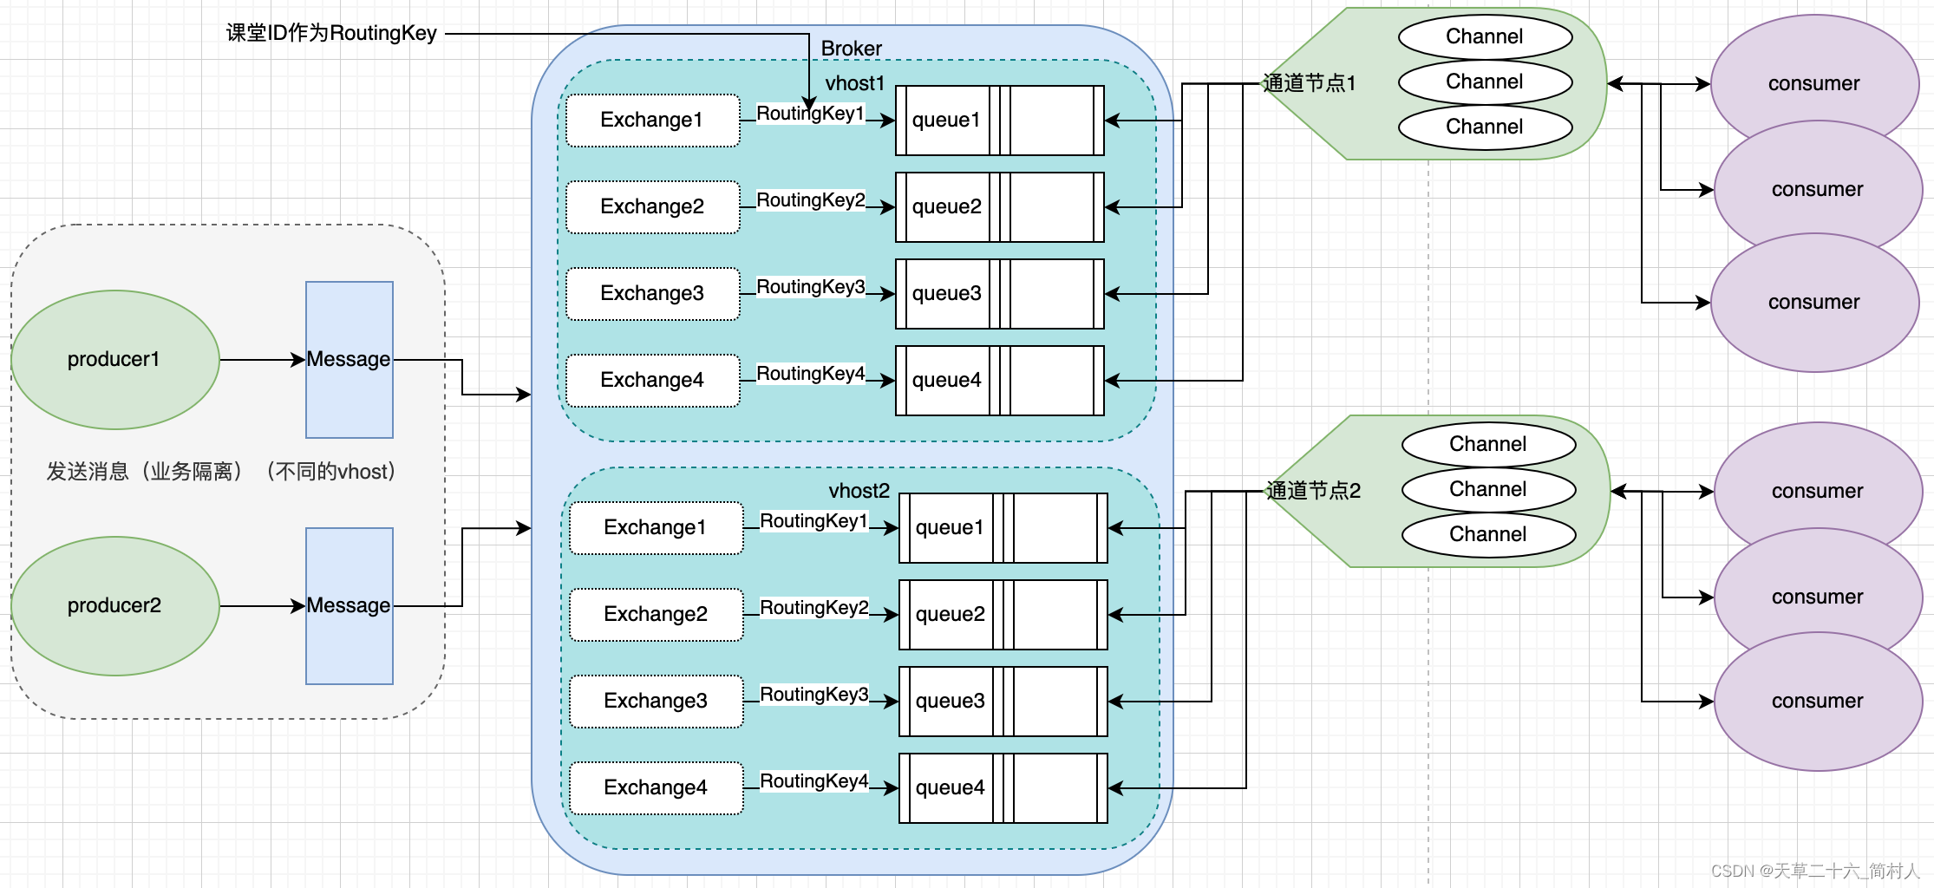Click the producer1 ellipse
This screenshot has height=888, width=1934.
[114, 359]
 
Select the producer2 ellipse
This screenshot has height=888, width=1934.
[114, 605]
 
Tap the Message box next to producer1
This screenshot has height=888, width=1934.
[349, 359]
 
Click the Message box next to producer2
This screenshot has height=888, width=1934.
[349, 605]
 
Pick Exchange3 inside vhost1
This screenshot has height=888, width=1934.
[652, 293]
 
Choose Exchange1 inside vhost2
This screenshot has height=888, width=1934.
[656, 527]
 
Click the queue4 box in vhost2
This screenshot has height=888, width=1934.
[1003, 787]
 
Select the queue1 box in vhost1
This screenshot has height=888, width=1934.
[999, 120]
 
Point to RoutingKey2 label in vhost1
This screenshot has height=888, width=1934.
[810, 200]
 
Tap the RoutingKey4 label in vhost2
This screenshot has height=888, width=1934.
[813, 781]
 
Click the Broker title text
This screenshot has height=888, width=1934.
[851, 49]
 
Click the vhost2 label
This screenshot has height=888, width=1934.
[859, 491]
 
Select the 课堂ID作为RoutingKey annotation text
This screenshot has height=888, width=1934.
[331, 33]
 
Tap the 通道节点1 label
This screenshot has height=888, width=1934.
[1309, 83]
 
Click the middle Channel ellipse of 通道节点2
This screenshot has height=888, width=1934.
[1488, 489]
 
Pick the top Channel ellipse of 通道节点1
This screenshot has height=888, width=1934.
[1485, 36]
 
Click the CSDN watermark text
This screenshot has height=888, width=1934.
[1814, 871]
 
